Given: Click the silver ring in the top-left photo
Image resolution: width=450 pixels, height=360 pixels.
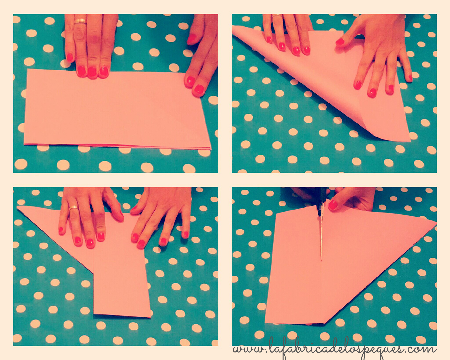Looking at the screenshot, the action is pyautogui.click(x=81, y=21).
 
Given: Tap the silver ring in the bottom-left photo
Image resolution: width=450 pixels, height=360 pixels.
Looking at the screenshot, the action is pyautogui.click(x=73, y=208).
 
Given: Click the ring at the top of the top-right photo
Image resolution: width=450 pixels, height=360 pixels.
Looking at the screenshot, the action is pyautogui.click(x=277, y=16).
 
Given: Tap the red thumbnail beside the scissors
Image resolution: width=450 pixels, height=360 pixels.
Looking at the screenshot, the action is pyautogui.click(x=333, y=205).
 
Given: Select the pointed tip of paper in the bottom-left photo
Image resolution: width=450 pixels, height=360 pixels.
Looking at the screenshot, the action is pyautogui.click(x=17, y=207).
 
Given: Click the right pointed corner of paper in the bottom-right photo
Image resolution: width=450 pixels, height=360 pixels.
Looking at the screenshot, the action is pyautogui.click(x=436, y=223).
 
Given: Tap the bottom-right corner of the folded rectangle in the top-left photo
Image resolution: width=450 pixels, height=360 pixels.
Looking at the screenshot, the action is pyautogui.click(x=211, y=149).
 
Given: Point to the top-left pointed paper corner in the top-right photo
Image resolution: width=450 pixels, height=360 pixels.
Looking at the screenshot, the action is pyautogui.click(x=232, y=26).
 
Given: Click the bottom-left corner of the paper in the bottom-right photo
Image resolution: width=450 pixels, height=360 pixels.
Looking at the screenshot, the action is pyautogui.click(x=265, y=323).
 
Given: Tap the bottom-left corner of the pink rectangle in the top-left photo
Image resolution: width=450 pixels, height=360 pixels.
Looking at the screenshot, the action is pyautogui.click(x=24, y=144).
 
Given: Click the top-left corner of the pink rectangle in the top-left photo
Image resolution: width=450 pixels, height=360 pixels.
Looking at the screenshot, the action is pyautogui.click(x=28, y=69).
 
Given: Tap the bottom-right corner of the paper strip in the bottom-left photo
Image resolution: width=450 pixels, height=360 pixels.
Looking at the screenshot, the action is pyautogui.click(x=150, y=317).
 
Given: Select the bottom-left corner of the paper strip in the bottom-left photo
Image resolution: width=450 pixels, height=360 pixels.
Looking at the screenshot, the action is pyautogui.click(x=94, y=314).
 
